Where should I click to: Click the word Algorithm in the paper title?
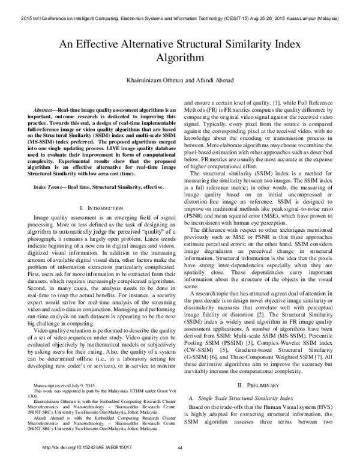pyautogui.click(x=180, y=58)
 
